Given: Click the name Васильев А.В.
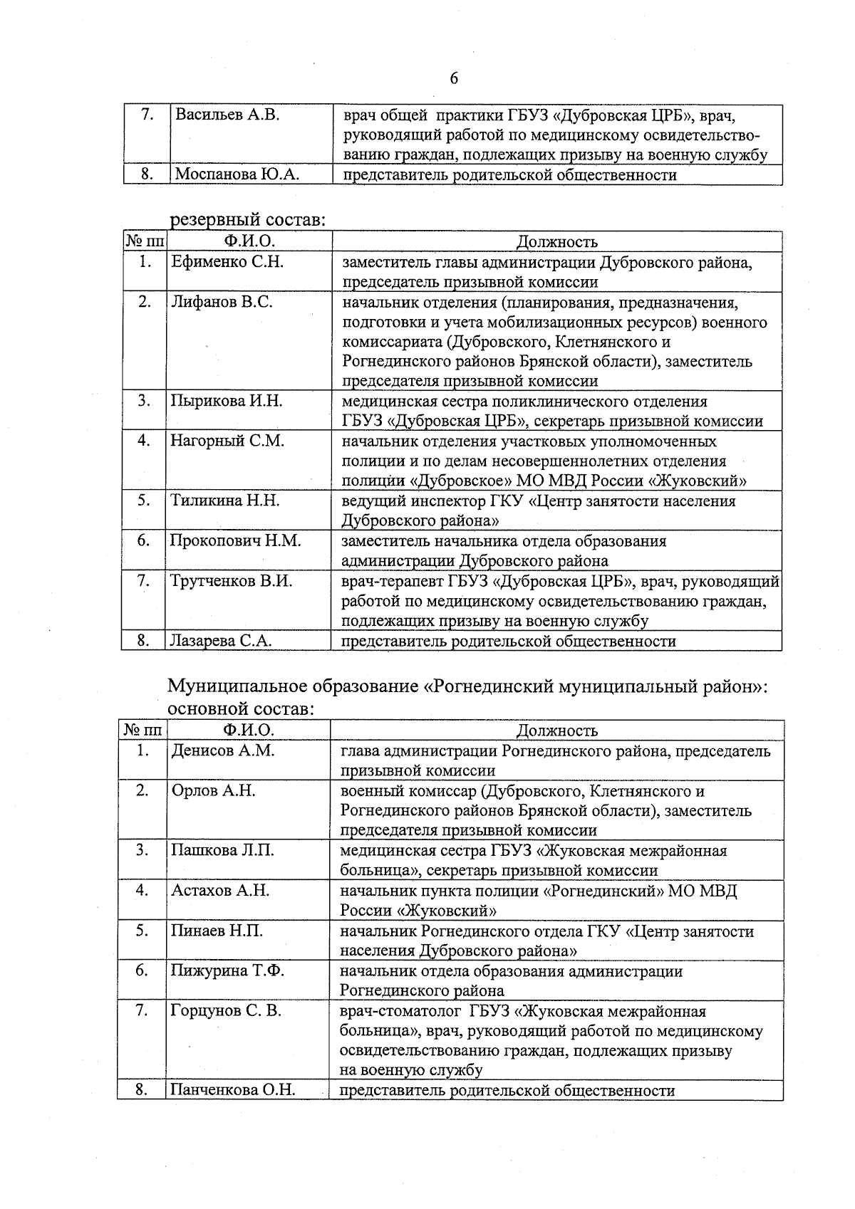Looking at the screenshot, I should coord(227,115).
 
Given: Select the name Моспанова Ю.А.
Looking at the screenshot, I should coord(237,174).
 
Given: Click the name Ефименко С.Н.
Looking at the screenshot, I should coord(227,262).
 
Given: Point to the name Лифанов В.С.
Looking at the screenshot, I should coord(221,302).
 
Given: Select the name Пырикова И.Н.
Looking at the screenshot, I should coord(226,401).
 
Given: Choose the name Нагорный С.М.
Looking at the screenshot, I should coord(227,441).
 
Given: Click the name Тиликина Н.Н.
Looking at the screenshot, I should coord(224,501).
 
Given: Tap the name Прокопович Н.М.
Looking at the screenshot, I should coord(235,541).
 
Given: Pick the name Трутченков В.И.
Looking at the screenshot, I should coord(231,581).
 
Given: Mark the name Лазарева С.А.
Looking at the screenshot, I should coord(220,641).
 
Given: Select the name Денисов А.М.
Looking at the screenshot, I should coord(222,750).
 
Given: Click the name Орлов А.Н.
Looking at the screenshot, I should coord(213,790).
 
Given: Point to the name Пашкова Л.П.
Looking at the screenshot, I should coord(222,850).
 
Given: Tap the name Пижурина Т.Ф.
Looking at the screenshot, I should coord(227,970).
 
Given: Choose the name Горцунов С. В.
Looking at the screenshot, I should coord(226,1010).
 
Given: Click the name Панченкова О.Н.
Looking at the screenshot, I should coord(232,1090).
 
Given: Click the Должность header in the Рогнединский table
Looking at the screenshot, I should coord(556,731).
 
